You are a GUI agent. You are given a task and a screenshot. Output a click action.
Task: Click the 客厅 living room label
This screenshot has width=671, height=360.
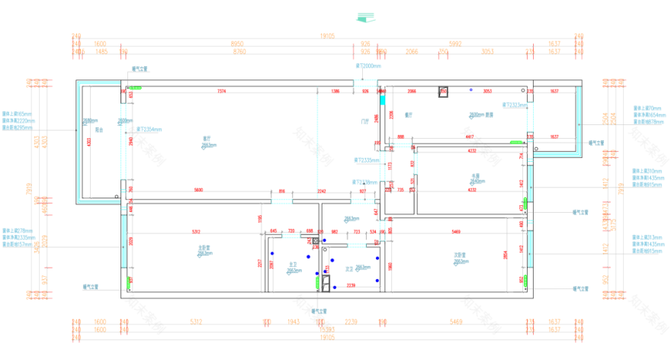(206, 138)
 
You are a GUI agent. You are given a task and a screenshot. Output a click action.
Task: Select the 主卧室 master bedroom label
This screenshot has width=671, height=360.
(204, 247)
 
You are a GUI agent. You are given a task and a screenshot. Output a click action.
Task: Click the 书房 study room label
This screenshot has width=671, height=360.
(474, 175)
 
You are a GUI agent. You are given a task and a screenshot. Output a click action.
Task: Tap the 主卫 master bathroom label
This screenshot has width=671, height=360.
(292, 264)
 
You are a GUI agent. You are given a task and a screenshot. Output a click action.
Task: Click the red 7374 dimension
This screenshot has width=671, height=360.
(222, 92)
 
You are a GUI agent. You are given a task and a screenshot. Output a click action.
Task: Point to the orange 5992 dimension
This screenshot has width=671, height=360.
(455, 44)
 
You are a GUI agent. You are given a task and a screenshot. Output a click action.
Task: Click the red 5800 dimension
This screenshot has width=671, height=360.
(198, 190)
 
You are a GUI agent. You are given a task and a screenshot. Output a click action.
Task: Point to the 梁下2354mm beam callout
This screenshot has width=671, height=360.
(149, 129)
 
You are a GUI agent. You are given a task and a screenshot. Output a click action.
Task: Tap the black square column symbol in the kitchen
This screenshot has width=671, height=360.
(443, 92)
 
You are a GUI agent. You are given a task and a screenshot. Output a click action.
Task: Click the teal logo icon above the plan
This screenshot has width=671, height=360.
(367, 17)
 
